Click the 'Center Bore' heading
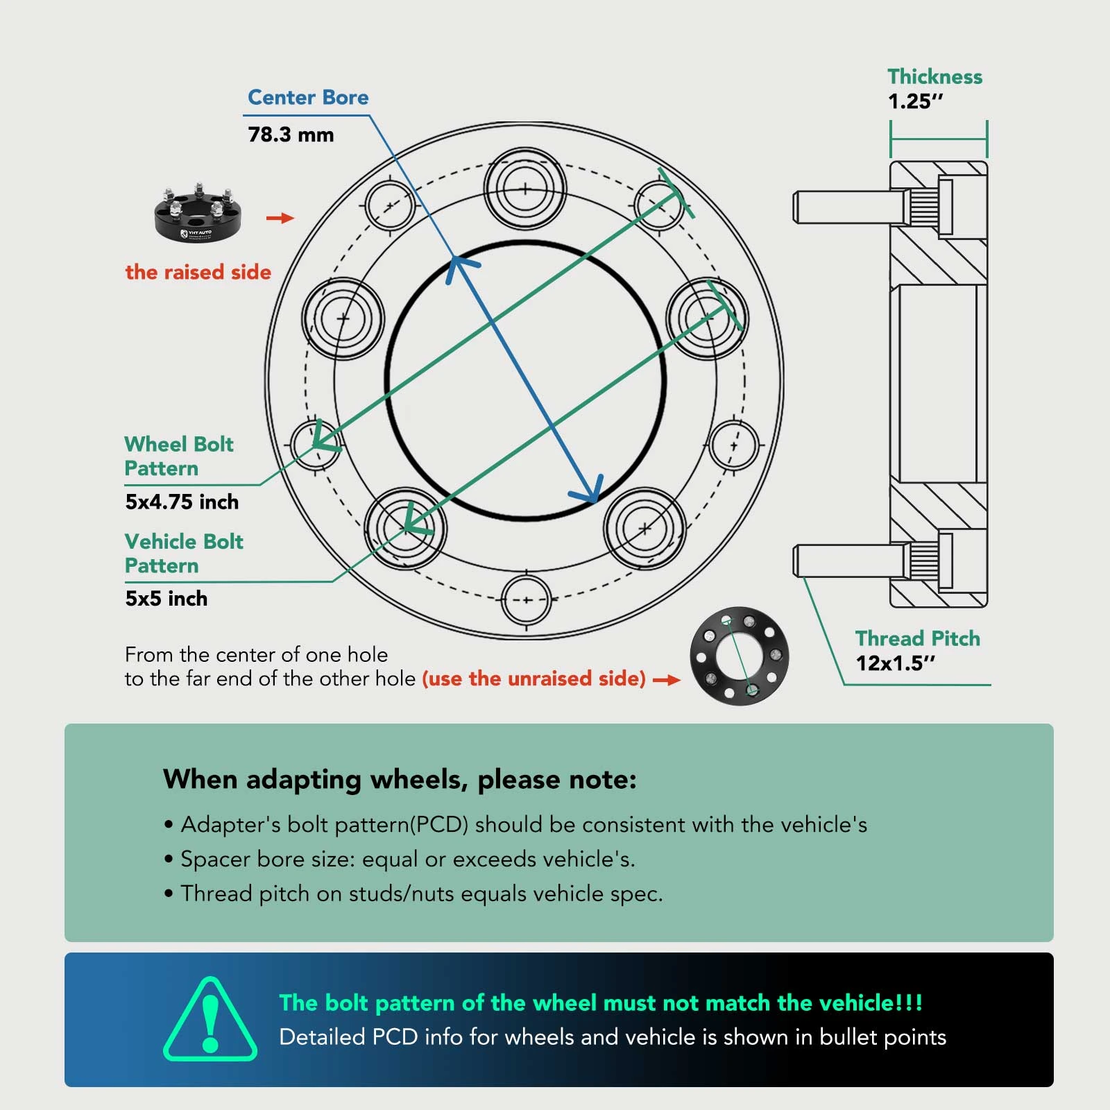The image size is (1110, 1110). (308, 97)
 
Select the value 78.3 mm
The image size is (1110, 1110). (291, 135)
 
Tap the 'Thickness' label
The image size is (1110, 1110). (934, 76)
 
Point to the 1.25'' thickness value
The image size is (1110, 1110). (916, 101)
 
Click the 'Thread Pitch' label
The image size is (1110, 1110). (917, 638)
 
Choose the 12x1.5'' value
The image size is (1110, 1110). (895, 663)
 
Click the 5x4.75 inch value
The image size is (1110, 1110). (182, 502)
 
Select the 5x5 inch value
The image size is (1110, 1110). (166, 598)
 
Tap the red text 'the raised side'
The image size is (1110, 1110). (198, 272)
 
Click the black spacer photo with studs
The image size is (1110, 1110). (198, 213)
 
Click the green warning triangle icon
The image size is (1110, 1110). (210, 1019)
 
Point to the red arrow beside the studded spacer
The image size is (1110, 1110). (280, 218)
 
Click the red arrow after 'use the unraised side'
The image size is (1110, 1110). (666, 681)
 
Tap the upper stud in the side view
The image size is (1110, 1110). (850, 207)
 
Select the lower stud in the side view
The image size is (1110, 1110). (850, 560)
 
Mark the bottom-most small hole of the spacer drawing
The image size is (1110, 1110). (526, 600)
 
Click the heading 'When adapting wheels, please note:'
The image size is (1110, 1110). (400, 780)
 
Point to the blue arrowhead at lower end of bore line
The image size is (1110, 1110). (588, 488)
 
